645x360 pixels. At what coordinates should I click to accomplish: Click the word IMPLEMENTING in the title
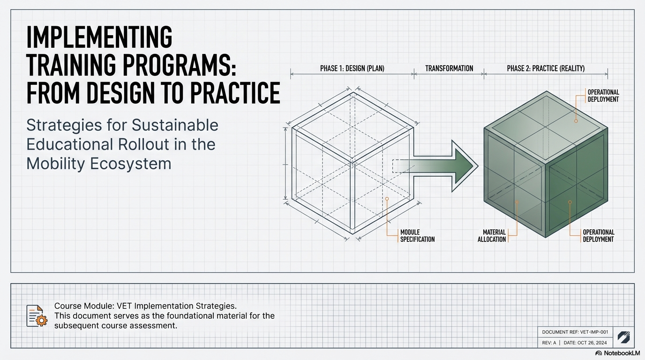tap(99, 37)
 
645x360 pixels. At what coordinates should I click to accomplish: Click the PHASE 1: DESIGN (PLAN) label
tap(352, 68)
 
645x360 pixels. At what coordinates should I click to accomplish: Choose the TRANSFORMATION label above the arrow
tap(449, 68)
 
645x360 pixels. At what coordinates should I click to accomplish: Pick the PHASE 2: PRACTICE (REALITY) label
tap(546, 68)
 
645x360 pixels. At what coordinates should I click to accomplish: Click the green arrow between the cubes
tap(441, 166)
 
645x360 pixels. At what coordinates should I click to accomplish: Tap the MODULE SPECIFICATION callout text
tap(417, 236)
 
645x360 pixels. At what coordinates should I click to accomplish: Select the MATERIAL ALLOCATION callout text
tap(492, 236)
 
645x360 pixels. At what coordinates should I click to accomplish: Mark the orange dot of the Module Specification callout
tap(387, 199)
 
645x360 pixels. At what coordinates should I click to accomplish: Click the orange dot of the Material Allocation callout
tap(517, 202)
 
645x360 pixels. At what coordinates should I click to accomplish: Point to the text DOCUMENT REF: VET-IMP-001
tap(575, 332)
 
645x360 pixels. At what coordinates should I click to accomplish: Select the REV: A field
tap(548, 343)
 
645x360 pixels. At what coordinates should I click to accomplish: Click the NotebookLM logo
tap(617, 353)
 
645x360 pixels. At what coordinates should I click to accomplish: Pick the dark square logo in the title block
tap(623, 337)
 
